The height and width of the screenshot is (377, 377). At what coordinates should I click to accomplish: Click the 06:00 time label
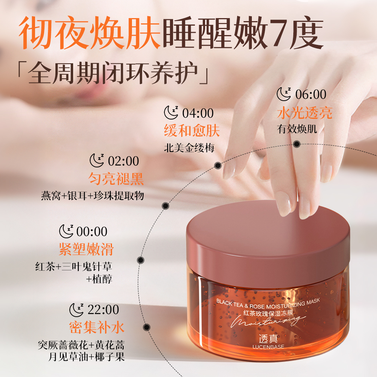click(x=311, y=94)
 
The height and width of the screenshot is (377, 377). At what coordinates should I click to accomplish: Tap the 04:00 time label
click(x=198, y=113)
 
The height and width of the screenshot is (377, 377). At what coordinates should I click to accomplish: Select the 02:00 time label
click(x=123, y=161)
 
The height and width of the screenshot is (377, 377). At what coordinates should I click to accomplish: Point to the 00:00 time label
click(x=92, y=231)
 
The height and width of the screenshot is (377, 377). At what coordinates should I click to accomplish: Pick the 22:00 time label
click(x=103, y=310)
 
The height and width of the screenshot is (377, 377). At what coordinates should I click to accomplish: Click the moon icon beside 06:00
click(x=284, y=94)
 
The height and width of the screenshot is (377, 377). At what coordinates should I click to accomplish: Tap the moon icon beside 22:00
click(x=77, y=310)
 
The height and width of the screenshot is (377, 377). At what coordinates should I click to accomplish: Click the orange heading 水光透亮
click(x=305, y=113)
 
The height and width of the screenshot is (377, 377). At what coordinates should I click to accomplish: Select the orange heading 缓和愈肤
click(x=192, y=131)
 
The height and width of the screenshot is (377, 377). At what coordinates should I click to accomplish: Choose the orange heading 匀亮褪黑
click(x=116, y=179)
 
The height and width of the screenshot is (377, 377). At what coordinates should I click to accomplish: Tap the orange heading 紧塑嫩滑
click(x=86, y=249)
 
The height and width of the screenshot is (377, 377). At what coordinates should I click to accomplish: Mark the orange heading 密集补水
click(x=97, y=327)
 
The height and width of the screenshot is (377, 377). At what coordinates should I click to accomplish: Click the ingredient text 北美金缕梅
click(x=189, y=148)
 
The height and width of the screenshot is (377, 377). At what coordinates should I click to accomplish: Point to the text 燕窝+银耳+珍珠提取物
click(x=93, y=196)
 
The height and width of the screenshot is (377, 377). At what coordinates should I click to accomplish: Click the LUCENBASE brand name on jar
click(x=268, y=347)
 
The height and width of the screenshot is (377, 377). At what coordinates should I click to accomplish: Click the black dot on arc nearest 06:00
click(x=297, y=144)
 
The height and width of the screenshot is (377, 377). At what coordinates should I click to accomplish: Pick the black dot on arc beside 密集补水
click(x=147, y=327)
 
